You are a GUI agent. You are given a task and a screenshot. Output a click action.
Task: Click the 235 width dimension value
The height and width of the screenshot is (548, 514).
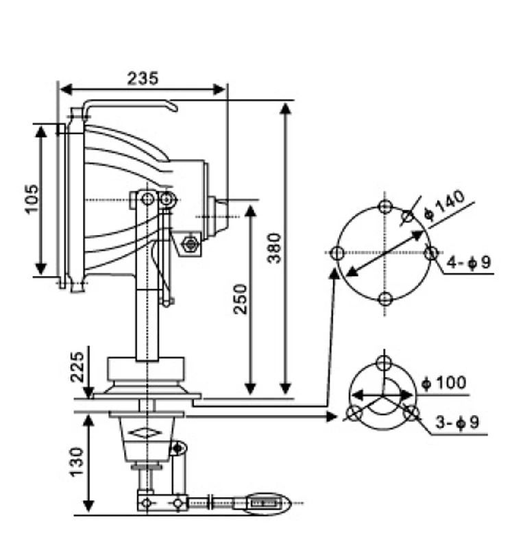tap(143, 77)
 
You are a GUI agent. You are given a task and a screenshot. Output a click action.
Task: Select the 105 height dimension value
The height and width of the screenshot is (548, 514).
tap(32, 199)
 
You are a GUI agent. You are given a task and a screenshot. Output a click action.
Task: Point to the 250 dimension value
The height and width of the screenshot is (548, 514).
tap(241, 299)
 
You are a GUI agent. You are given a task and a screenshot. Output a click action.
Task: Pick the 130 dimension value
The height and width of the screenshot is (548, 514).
tap(77, 462)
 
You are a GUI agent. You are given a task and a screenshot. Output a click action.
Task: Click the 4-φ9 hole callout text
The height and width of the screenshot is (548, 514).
tap(469, 262)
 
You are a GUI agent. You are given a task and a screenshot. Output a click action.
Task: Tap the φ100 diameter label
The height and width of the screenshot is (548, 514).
tap(445, 382)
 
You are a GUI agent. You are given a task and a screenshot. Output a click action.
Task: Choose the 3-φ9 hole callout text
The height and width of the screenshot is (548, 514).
tap(457, 423)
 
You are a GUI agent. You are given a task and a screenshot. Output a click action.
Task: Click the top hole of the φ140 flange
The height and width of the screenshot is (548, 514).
tap(385, 207)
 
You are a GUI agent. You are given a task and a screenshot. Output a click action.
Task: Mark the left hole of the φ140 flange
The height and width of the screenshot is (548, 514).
tap(336, 253)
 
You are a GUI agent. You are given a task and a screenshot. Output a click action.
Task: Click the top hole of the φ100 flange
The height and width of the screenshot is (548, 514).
tap(384, 361)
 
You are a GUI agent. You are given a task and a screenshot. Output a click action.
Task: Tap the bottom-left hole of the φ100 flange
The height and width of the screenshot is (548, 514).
tap(354, 413)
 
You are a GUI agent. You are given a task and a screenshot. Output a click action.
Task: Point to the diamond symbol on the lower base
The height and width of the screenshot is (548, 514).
tap(146, 433)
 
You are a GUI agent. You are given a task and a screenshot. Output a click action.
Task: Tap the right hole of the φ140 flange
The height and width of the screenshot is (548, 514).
tap(431, 253)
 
